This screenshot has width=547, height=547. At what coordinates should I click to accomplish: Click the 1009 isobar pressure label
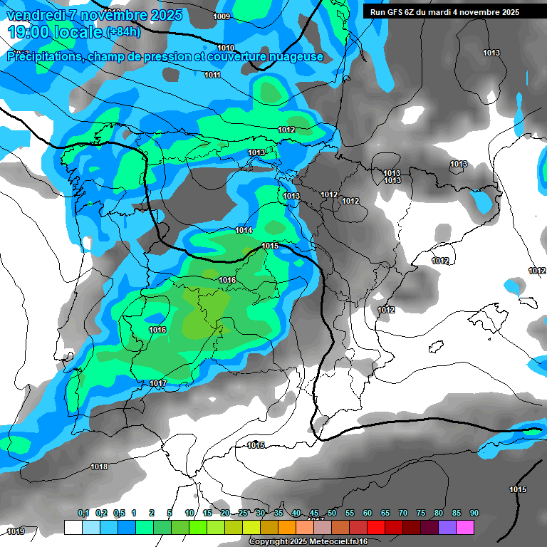[222, 16]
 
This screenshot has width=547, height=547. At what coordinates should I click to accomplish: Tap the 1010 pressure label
[226, 48]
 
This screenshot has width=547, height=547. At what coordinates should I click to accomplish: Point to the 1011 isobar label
[212, 75]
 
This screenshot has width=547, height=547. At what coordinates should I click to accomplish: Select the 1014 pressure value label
[244, 230]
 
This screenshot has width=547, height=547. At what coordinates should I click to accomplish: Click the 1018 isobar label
[99, 467]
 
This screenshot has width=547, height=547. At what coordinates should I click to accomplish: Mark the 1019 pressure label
[15, 531]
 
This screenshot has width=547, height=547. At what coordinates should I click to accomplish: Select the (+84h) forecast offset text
[123, 32]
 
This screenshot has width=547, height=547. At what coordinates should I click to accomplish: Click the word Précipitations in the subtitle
[43, 57]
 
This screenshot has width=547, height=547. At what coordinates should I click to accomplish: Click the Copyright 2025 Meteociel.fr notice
[308, 542]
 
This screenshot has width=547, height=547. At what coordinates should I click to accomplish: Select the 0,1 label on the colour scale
[83, 513]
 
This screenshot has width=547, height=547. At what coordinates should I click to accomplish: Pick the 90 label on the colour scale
[474, 513]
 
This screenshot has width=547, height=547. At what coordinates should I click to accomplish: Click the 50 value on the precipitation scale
[332, 513]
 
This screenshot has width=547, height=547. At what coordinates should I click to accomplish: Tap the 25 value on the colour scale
[243, 513]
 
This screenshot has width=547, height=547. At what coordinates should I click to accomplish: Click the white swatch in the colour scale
[73, 527]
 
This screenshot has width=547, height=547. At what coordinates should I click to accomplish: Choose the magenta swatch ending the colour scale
[464, 527]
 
